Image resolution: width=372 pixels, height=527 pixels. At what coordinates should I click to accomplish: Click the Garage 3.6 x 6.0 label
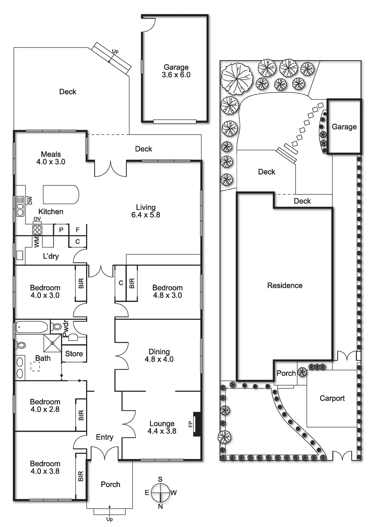pos(176,71)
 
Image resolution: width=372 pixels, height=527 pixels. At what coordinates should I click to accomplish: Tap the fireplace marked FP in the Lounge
pos(197,424)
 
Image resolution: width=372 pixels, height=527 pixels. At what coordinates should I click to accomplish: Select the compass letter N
pos(160,506)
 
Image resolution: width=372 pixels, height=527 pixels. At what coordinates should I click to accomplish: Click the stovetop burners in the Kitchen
pos(37,230)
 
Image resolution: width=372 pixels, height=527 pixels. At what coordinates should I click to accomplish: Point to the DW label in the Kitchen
pos(30,200)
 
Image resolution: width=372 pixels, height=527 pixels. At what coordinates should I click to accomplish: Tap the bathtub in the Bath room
pos(32,327)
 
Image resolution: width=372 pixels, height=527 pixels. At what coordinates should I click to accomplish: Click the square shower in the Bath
pos(52,343)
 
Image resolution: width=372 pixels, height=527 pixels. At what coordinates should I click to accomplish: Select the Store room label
pos(74,354)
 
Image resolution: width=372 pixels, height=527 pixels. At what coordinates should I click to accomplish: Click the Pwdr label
pos(66,328)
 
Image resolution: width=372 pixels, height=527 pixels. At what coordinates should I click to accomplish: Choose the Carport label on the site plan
pos(332,398)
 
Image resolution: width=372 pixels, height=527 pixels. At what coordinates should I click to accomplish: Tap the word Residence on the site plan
pos(285,285)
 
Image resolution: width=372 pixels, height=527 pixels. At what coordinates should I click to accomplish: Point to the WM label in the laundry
pos(37,242)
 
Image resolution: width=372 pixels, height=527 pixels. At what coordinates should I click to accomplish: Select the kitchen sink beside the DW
pos(20,206)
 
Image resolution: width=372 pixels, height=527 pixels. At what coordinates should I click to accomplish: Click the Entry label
pos(104,437)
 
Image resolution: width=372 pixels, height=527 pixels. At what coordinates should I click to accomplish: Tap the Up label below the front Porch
pos(109,519)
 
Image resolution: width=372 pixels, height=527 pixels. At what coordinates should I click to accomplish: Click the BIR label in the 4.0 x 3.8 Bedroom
pos(80,476)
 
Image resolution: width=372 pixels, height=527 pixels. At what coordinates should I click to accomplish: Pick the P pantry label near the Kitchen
pos(61,230)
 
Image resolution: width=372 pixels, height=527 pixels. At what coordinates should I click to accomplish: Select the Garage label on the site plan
pos(344,127)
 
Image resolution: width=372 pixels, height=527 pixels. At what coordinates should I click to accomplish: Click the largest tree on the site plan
pos(237,79)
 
